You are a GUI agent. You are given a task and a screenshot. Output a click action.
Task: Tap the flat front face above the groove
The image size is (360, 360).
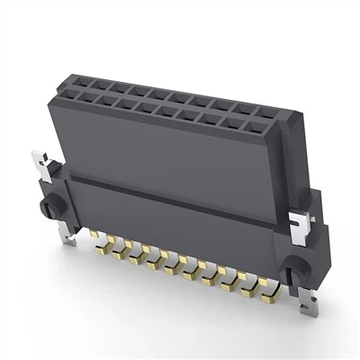click(162, 153)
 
